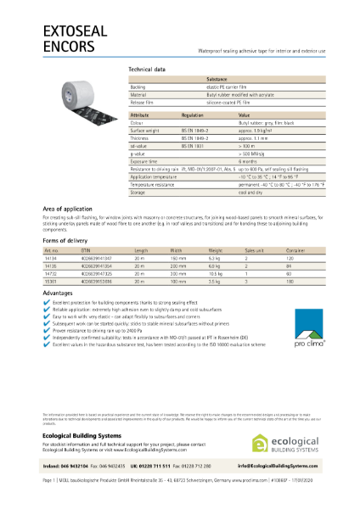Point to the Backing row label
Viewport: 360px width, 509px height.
138,87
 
